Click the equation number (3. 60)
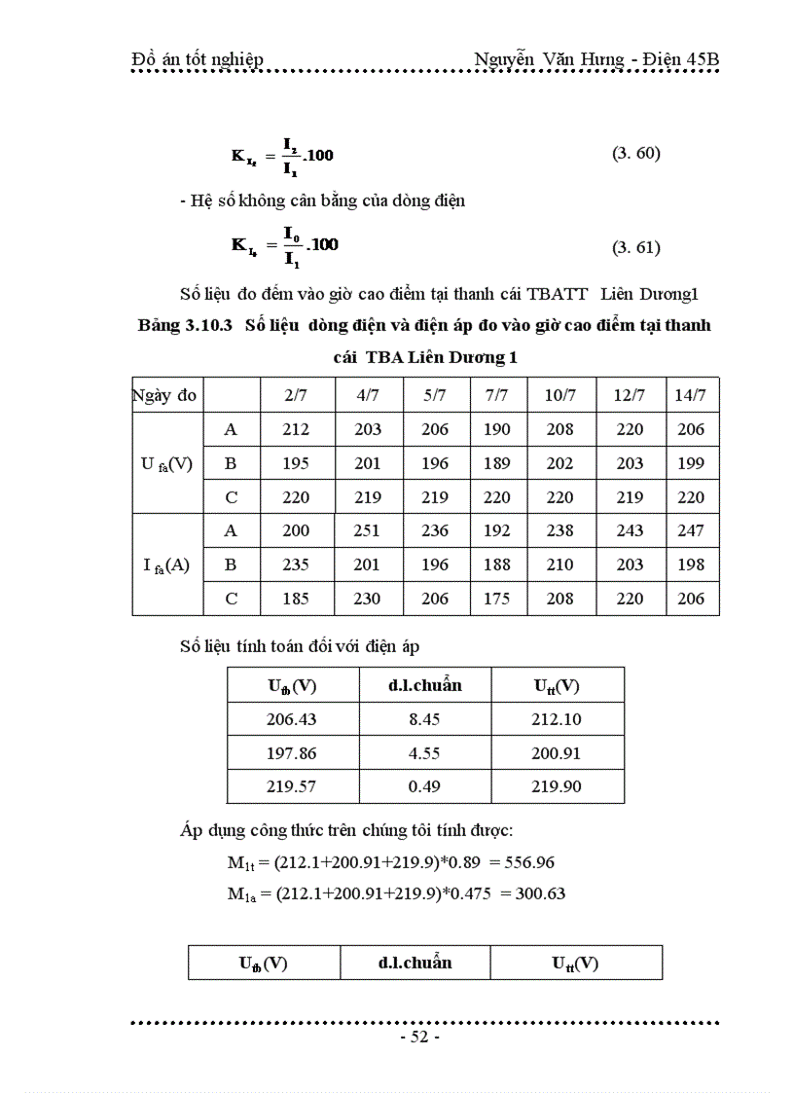(635, 153)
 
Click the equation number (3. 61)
(635, 247)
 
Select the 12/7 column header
(630, 395)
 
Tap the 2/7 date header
(296, 395)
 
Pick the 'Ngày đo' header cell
(164, 395)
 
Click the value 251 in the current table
(367, 530)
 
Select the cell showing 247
(691, 530)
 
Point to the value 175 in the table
(496, 599)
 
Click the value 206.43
(292, 718)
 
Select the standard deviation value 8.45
(424, 718)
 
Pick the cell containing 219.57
(292, 785)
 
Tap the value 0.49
(424, 785)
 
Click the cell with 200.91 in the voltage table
(557, 752)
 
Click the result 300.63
(533, 893)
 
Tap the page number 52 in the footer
(420, 1037)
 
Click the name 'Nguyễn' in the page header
(506, 60)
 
